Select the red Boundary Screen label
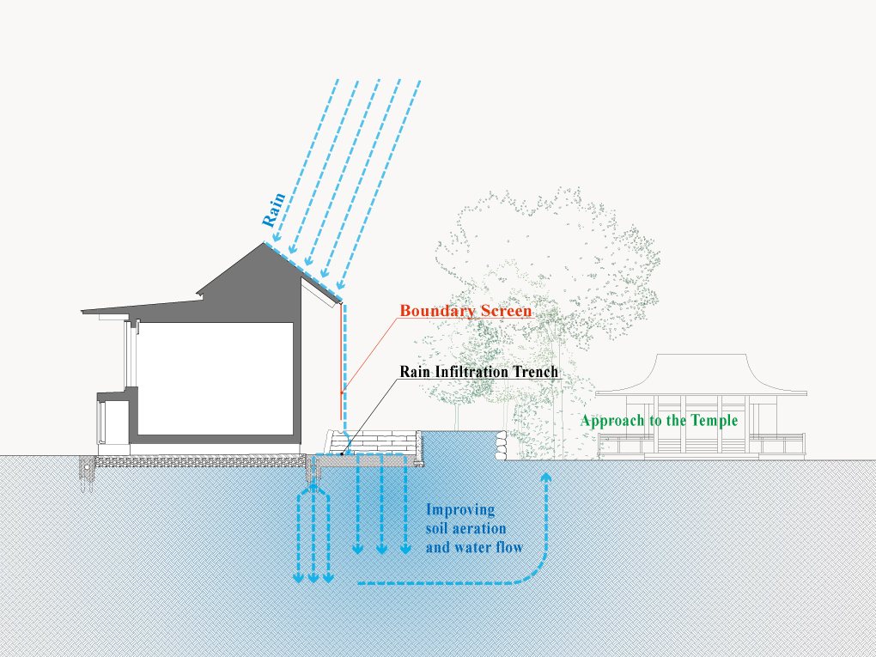click(465, 311)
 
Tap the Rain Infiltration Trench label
click(479, 372)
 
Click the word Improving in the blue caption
click(460, 510)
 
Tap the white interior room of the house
click(215, 378)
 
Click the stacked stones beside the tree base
click(499, 447)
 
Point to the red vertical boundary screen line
click(341, 361)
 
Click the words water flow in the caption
click(490, 546)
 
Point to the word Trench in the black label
click(537, 372)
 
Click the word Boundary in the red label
click(434, 311)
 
